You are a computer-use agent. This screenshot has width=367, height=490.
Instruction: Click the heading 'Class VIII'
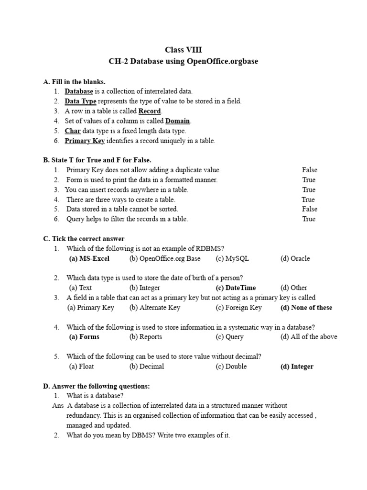point(183,50)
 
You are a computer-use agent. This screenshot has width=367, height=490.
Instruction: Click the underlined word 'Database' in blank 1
point(79,91)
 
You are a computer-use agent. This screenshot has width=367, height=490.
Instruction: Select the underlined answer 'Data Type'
point(80,101)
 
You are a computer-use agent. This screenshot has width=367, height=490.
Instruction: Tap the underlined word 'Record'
point(149,111)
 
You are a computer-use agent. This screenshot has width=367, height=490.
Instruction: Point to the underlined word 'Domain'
point(177,121)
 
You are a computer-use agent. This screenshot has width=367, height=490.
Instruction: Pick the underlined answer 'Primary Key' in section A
point(85,141)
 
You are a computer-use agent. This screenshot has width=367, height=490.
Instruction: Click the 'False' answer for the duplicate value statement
point(309,170)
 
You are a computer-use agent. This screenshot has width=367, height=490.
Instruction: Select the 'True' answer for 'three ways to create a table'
point(308,200)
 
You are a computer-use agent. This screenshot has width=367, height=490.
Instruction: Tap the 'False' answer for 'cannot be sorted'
point(309,209)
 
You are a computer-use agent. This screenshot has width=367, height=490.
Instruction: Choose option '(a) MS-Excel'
point(89,258)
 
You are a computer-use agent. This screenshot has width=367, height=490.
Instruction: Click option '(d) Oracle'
point(295,258)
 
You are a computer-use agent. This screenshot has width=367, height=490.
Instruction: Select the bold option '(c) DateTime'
point(236,288)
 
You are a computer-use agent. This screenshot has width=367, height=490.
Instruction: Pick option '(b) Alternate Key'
point(154,308)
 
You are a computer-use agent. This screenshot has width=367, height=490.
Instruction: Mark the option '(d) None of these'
point(306,308)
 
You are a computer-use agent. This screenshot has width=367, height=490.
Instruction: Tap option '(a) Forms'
point(85,337)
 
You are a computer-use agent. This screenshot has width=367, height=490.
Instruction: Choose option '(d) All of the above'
point(308,337)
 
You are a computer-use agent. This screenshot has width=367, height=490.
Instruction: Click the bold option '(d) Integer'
point(297,367)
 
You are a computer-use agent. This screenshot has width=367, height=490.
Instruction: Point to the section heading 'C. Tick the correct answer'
point(84,239)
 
